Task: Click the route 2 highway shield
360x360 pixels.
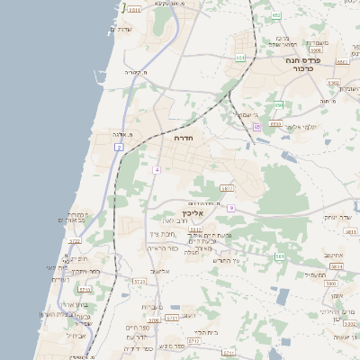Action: [119, 146]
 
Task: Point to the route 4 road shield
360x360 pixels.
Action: [157, 169]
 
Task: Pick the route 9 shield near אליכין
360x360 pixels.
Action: [231, 208]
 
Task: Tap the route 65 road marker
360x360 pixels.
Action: [256, 127]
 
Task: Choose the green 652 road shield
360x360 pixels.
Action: [276, 16]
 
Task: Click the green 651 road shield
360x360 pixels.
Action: [240, 58]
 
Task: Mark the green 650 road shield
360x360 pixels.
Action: [279, 104]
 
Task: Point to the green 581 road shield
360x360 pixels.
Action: [280, 256]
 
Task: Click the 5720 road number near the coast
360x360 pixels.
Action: [75, 241]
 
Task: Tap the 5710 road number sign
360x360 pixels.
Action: [85, 289]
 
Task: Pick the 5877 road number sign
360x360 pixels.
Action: [226, 188]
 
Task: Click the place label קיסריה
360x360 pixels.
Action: [133, 71]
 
